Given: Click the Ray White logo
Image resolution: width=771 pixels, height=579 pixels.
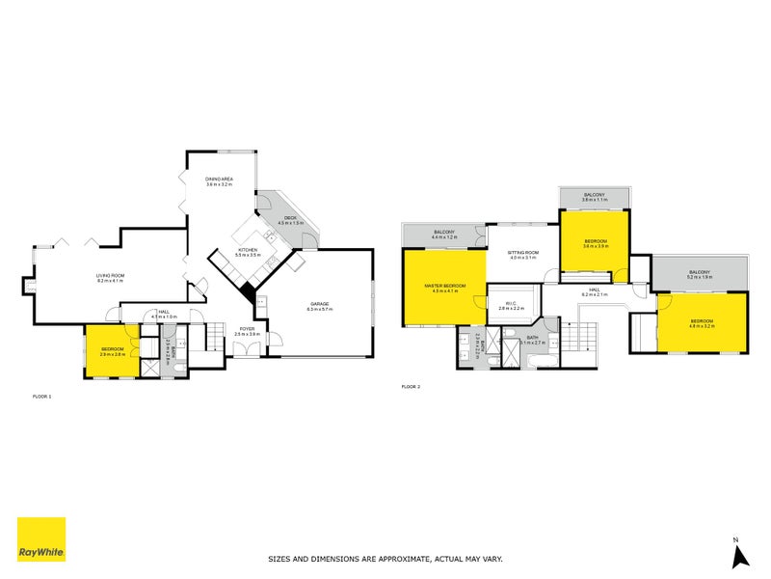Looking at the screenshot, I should pos(41,539).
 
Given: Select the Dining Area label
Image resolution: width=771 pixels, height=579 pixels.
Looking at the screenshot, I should pos(220,180).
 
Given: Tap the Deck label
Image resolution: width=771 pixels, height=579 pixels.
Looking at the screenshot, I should pos(290,219).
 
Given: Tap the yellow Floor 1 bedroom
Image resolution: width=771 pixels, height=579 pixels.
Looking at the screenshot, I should pos(113,351).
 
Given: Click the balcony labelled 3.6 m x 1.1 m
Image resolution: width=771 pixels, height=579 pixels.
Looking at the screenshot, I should pos(594,196).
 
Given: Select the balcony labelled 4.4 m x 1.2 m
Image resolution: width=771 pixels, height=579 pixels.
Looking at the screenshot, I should pos(444,234).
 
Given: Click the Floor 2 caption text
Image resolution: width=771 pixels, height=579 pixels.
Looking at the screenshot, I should pos(412,387).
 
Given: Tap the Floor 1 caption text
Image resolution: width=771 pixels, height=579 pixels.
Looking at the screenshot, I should pos(42,397).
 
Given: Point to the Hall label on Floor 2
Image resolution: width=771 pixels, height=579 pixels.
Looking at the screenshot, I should pos(596,290).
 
